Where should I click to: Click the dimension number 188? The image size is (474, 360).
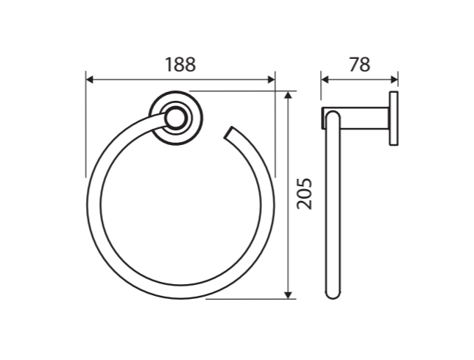pyautogui.click(x=180, y=64)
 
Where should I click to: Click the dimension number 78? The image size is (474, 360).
pyautogui.click(x=359, y=64)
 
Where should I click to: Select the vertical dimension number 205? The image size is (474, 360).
pyautogui.click(x=304, y=194)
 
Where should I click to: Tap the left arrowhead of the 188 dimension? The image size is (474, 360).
pyautogui.click(x=90, y=80)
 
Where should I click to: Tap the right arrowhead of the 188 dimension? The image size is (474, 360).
pyautogui.click(x=272, y=80)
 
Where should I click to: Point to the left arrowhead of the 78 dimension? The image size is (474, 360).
pyautogui.click(x=325, y=80)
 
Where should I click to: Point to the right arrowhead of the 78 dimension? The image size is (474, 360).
pyautogui.click(x=395, y=80)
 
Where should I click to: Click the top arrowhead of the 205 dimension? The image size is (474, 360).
pyautogui.click(x=289, y=95)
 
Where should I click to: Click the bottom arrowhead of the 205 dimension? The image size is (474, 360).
pyautogui.click(x=289, y=295)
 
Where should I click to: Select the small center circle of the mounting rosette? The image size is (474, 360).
pyautogui.click(x=176, y=119)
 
